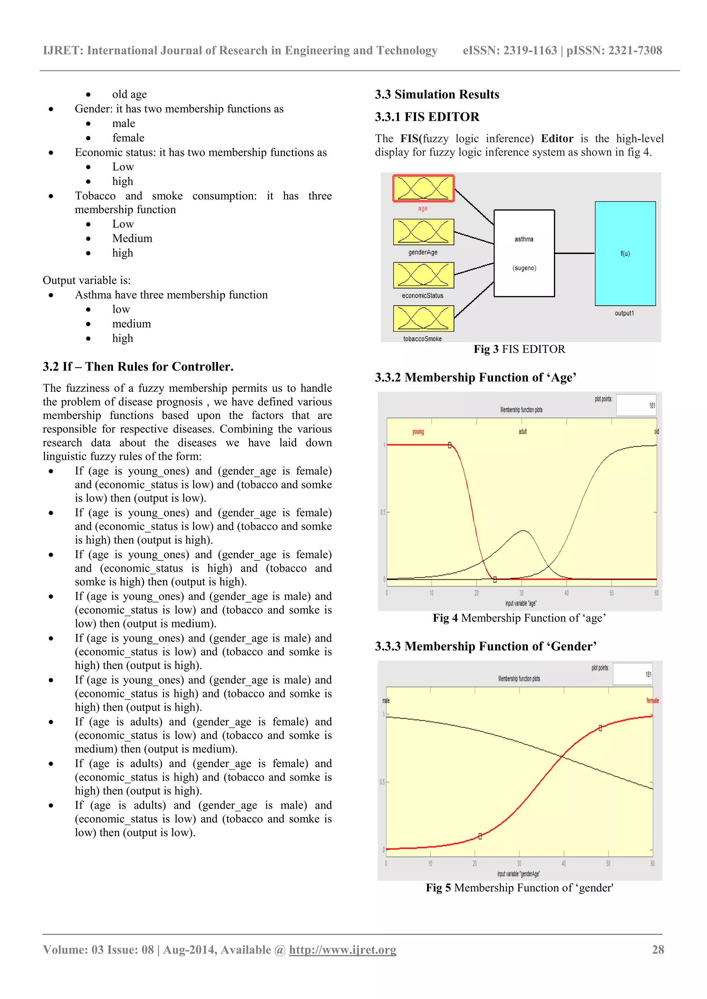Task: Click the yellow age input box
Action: coord(423,189)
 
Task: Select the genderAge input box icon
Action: coord(423,232)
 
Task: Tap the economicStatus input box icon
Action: coord(423,275)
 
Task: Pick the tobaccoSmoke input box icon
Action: coord(423,318)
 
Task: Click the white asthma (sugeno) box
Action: coord(524,253)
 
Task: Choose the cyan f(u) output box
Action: coord(625,253)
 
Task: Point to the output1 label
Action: coord(624,313)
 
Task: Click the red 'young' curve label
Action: coord(418,432)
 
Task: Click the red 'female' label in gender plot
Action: coord(652,701)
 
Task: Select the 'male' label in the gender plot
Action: coord(386,701)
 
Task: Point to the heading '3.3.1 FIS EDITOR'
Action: coord(427,117)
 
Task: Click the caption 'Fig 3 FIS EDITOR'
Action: coord(519,349)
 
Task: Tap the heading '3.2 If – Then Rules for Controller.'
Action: coord(138,366)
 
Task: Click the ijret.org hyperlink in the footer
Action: coord(342,950)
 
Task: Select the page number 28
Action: coord(658,950)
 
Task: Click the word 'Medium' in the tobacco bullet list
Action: coord(132,238)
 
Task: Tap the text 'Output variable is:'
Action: coord(87,280)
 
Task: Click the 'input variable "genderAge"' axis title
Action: coord(519,874)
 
